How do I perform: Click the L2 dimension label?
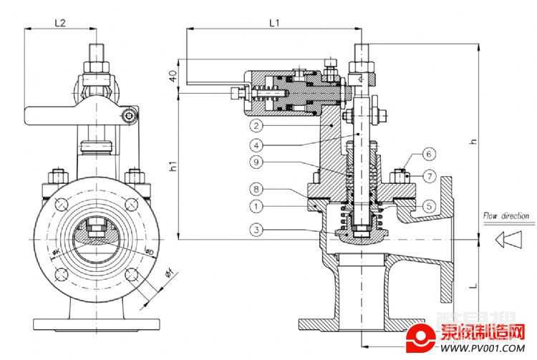(x=60, y=23)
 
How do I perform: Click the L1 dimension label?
(x=274, y=23)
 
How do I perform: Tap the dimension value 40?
(x=173, y=77)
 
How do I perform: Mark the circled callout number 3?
(x=257, y=230)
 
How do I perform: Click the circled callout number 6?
(x=427, y=154)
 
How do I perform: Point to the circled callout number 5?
(x=427, y=205)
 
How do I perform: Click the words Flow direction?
(x=505, y=215)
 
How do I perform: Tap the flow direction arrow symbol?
(x=509, y=239)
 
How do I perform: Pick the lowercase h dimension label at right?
(x=472, y=142)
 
